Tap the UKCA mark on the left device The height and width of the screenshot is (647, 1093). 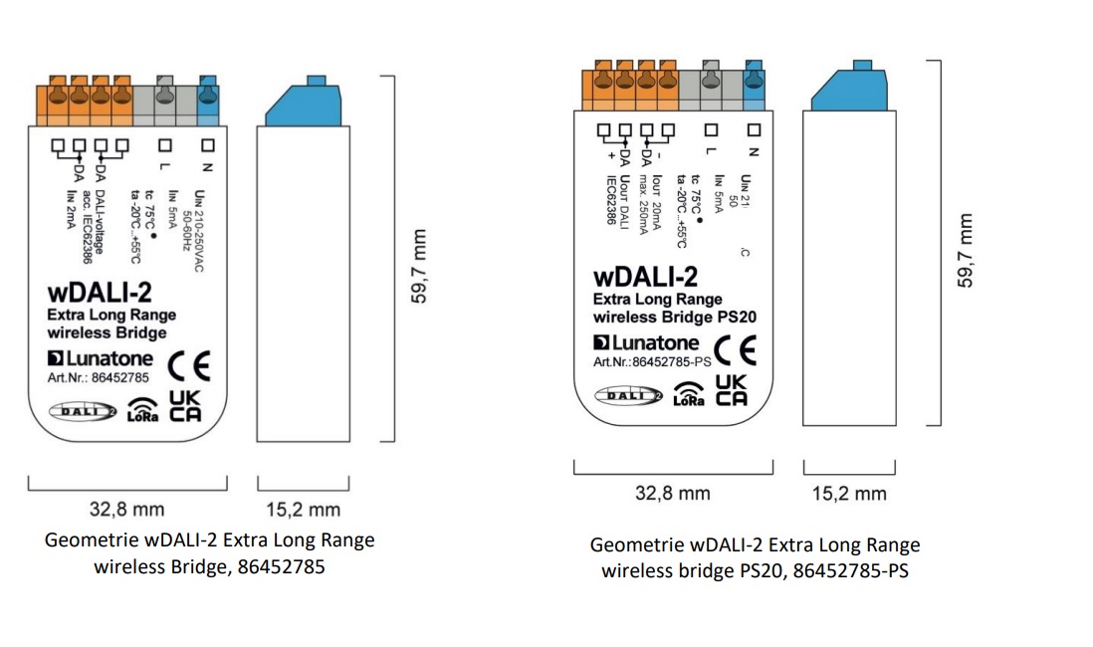tap(186, 407)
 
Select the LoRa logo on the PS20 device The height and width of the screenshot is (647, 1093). tap(688, 394)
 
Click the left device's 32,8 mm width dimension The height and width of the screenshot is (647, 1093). tap(126, 510)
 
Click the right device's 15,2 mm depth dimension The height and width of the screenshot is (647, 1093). tap(848, 494)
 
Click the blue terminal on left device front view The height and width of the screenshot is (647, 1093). tap(209, 93)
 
